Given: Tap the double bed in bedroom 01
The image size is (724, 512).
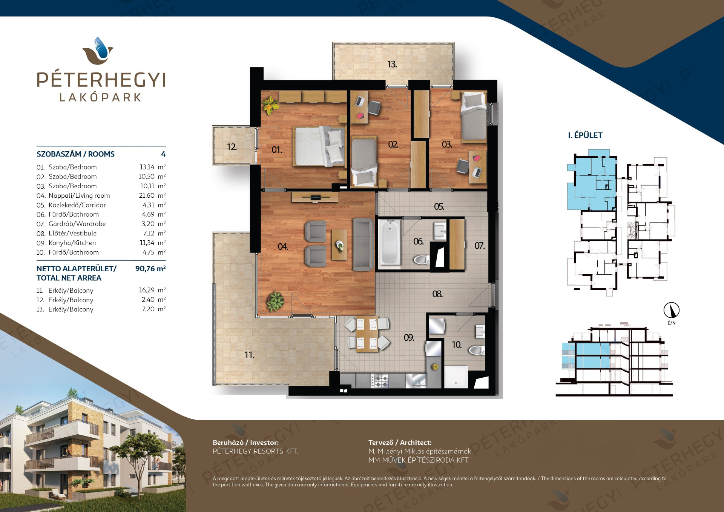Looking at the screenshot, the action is [x=320, y=146].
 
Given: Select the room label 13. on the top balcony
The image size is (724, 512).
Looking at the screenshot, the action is [x=392, y=64].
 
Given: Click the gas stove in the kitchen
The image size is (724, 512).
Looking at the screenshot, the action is [x=379, y=380].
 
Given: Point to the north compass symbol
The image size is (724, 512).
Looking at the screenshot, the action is [x=671, y=311].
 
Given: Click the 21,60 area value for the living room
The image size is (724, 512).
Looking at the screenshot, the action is [x=147, y=195].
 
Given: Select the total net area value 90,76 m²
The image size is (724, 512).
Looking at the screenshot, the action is [x=150, y=269].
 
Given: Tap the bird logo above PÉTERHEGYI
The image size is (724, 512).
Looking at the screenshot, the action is [x=98, y=51].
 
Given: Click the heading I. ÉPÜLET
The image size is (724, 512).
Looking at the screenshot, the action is [x=585, y=135].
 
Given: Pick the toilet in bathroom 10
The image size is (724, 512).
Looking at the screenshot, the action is [x=477, y=351].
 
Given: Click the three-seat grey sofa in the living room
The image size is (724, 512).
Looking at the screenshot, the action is [x=363, y=244].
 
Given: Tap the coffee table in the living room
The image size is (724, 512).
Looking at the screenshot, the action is [x=339, y=244].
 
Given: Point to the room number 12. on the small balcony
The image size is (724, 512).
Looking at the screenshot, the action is [x=232, y=147].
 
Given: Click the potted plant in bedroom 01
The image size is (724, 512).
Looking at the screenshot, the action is [x=270, y=105].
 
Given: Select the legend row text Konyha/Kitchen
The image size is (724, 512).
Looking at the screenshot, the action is [x=72, y=243].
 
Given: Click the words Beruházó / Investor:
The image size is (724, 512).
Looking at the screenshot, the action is [x=246, y=443].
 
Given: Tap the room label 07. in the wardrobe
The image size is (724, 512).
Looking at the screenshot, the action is [x=480, y=246].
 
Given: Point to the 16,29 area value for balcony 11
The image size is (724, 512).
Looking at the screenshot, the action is [x=147, y=290].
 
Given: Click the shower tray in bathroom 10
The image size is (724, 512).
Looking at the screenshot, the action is [x=456, y=377].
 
